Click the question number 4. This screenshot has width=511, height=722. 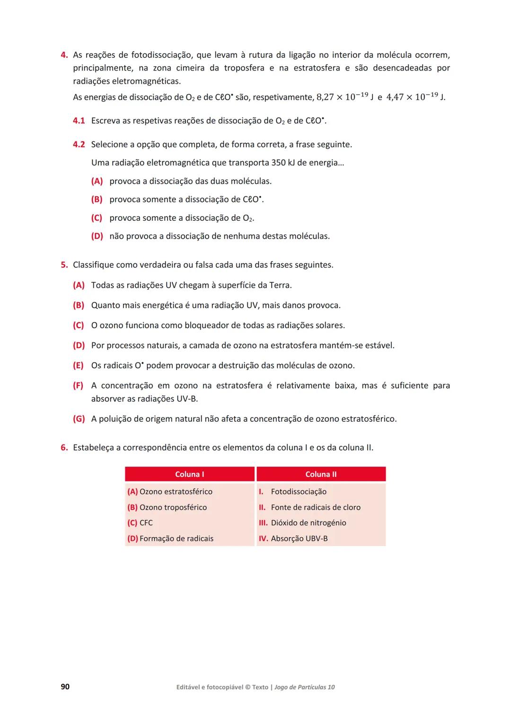(x=64, y=55)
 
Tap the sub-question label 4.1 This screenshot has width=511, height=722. (x=79, y=121)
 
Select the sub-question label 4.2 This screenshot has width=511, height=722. (x=79, y=145)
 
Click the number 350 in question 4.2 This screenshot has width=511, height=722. (x=279, y=163)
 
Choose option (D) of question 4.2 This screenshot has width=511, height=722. (x=97, y=236)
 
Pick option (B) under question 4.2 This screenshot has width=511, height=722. (x=97, y=200)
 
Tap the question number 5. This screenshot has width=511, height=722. (x=64, y=265)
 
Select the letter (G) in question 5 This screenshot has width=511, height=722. (x=79, y=419)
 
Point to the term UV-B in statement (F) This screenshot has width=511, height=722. (x=187, y=399)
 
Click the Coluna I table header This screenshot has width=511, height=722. (x=189, y=474)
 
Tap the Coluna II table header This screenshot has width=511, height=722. (x=321, y=474)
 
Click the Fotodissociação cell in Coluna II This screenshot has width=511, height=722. (x=298, y=492)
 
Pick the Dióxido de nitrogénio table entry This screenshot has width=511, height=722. (x=308, y=523)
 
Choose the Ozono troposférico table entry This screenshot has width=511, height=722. (x=173, y=507)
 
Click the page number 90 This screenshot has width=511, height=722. (x=65, y=687)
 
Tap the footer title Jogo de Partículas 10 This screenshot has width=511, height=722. (x=304, y=687)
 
